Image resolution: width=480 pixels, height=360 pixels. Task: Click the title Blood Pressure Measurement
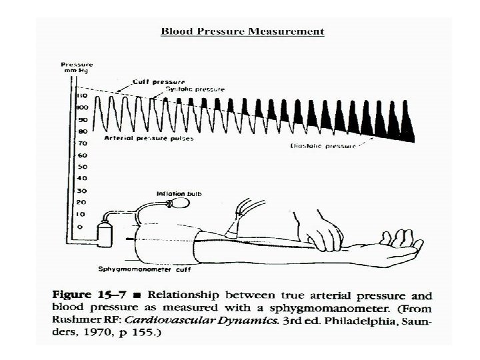(243, 31)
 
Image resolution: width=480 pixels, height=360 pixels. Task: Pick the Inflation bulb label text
(179, 194)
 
